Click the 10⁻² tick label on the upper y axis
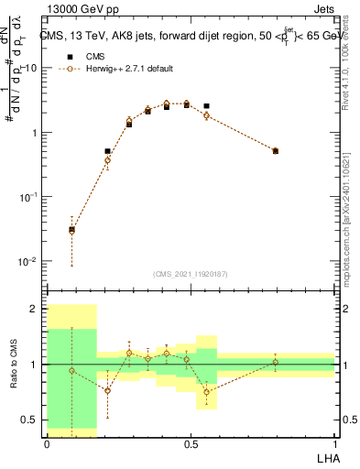pos(30,261)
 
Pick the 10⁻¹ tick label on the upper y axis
pos(30,197)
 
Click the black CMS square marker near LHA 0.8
pos(276,151)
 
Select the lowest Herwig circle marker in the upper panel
pos(72,231)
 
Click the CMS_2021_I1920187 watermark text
pos(190,274)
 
